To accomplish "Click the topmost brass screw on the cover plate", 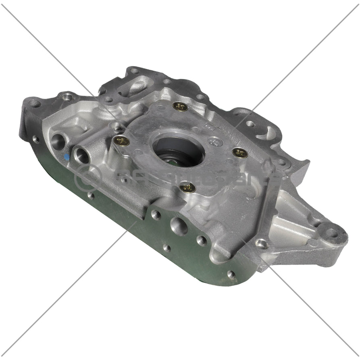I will [180, 107].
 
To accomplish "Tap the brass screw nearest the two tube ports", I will [121, 141].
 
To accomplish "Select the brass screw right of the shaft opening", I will [240, 153].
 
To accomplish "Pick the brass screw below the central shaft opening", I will [188, 187].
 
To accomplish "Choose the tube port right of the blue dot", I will [82, 155].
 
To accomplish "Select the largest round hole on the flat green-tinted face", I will [179, 226].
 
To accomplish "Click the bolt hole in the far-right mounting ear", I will [331, 233].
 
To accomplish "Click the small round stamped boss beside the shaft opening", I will [215, 141].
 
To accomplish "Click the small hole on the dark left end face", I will [36, 139].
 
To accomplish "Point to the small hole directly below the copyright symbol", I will [91, 196].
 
